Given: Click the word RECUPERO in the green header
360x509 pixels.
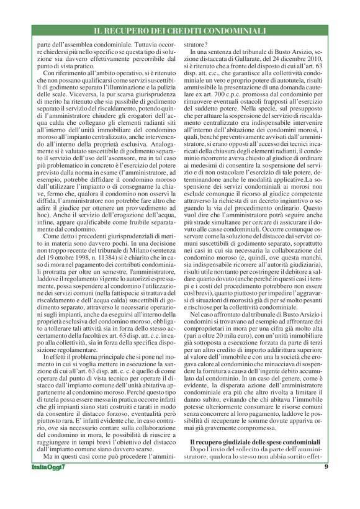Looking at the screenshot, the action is tap(142, 30).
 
